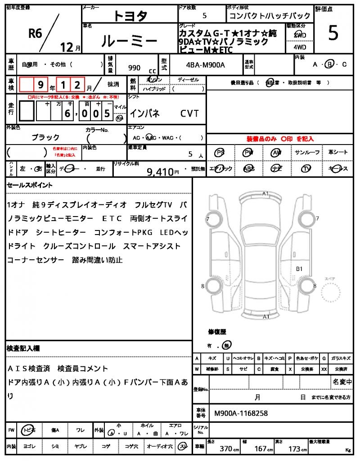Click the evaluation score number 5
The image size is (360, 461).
[333, 34]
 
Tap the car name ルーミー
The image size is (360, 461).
[130, 42]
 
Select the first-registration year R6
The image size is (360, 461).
[36, 32]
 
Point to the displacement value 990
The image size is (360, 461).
[134, 68]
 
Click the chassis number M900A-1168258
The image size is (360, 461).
[241, 413]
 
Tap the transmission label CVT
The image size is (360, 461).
[189, 113]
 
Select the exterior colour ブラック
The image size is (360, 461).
[45, 137]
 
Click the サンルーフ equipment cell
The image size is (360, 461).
[307, 153]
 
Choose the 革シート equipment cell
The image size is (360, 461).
[338, 153]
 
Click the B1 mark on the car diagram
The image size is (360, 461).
[299, 269]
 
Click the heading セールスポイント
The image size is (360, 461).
[30, 185]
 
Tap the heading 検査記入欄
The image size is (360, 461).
[23, 348]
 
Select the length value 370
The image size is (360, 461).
[226, 448]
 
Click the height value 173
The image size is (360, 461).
[294, 448]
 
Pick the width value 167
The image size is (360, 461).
[261, 448]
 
